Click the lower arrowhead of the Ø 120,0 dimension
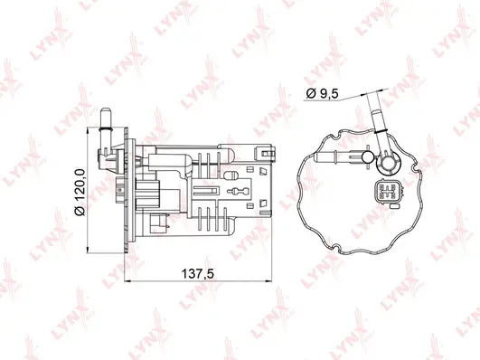pyautogui.click(x=90, y=243)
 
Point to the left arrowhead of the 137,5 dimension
pyautogui.click(x=121, y=281)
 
